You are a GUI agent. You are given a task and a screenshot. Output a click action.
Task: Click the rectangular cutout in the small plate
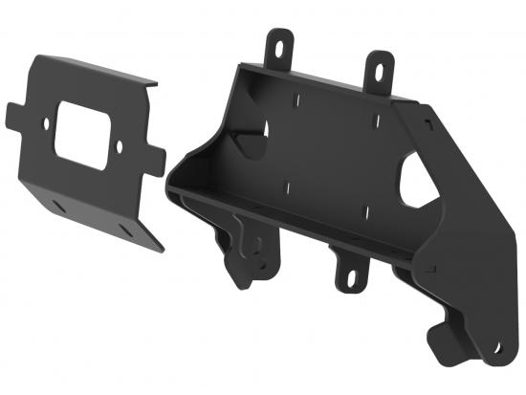(x=82, y=137)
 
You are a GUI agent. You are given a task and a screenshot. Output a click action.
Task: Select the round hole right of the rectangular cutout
(x=120, y=148)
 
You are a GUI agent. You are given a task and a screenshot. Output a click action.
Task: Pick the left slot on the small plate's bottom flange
(x=59, y=204)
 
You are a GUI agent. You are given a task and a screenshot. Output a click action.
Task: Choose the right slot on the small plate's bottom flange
(x=125, y=230)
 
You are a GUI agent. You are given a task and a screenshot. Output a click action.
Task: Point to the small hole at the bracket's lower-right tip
(x=496, y=346)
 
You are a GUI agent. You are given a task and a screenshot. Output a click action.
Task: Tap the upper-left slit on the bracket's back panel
(x=296, y=99)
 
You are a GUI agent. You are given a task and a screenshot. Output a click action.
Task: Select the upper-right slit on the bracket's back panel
(x=376, y=120)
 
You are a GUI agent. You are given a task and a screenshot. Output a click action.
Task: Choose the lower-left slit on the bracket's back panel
(x=288, y=183)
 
